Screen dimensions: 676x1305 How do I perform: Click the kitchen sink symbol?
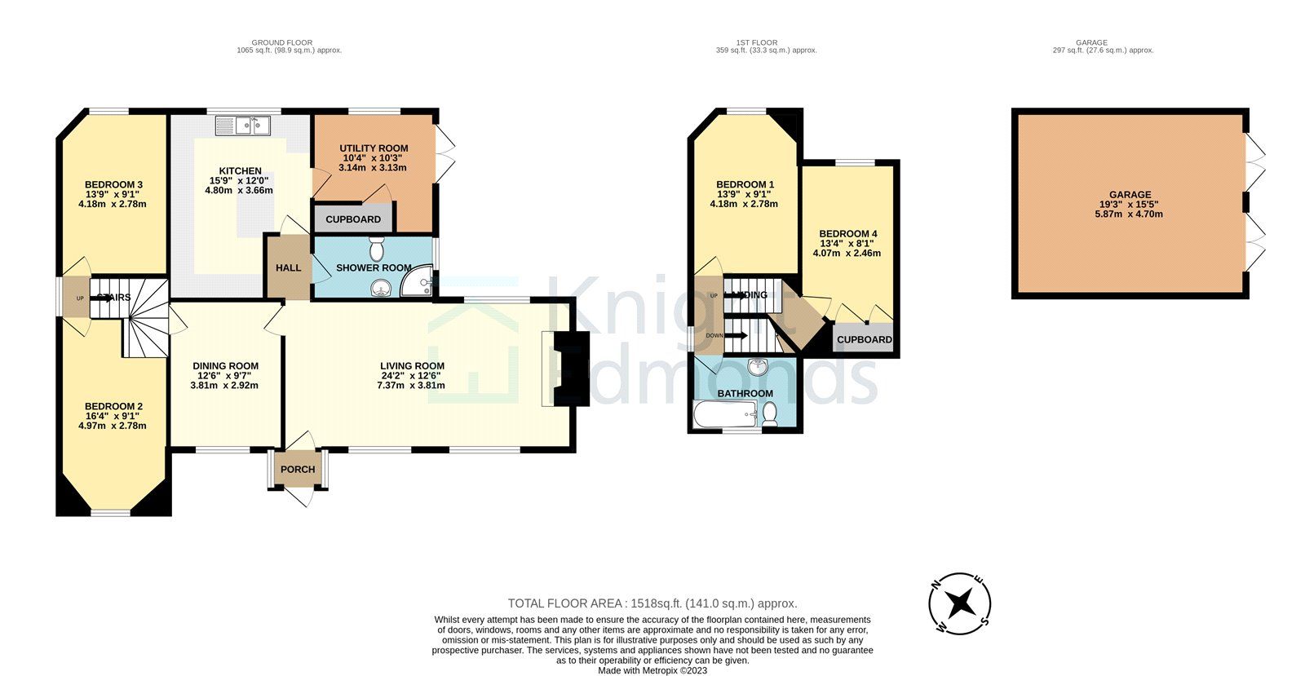tap(242, 126)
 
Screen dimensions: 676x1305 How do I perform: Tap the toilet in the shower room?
tap(376, 247)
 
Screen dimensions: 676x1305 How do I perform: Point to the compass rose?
tap(960, 603)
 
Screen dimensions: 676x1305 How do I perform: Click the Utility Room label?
tap(374, 148)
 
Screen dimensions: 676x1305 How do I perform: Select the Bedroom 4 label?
tap(848, 233)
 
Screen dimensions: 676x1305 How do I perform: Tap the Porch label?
tap(298, 469)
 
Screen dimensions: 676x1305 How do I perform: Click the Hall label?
tap(288, 267)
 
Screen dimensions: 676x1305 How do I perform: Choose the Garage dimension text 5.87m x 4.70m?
tap(1129, 214)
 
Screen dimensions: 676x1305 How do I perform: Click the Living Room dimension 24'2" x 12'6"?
tap(411, 375)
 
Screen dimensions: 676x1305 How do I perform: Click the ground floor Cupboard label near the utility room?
tap(353, 219)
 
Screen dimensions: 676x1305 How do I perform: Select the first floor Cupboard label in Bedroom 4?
tap(864, 339)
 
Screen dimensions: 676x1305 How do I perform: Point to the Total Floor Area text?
tap(652, 603)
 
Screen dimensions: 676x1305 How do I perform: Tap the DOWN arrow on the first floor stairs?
tap(736, 335)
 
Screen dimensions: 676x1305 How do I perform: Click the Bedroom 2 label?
tap(114, 406)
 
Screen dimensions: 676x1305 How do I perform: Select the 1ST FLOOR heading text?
tap(756, 42)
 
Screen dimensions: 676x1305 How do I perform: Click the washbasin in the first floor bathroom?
tap(759, 367)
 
